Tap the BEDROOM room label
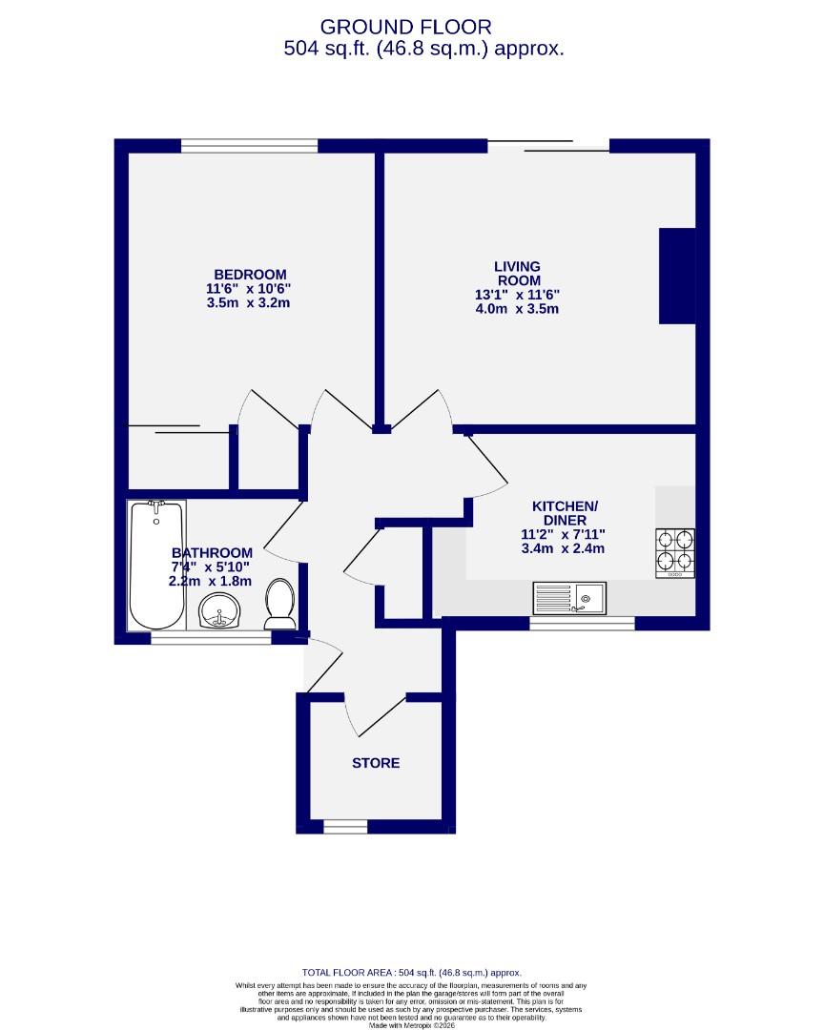(x=250, y=274)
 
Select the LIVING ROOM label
(x=517, y=274)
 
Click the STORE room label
(x=376, y=763)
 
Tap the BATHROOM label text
(x=212, y=552)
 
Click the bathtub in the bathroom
(x=156, y=564)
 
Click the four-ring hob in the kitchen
(x=674, y=552)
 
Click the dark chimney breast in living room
(x=678, y=276)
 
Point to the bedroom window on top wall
(x=249, y=146)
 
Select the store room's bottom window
(x=345, y=826)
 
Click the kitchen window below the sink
(x=582, y=623)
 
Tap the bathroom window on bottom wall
(x=211, y=638)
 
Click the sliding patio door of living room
(x=548, y=146)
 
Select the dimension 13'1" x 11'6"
(x=517, y=296)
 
